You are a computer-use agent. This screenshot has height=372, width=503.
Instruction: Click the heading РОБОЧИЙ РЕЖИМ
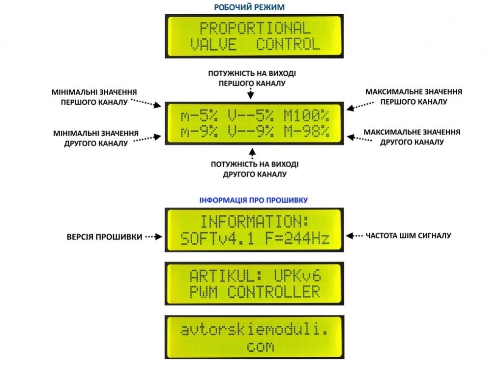tap(249, 7)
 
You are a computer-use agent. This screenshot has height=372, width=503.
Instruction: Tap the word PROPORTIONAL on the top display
tap(255, 28)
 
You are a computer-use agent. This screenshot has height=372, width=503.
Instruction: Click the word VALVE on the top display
tap(213, 45)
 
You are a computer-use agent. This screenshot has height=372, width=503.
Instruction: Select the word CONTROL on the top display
tap(289, 45)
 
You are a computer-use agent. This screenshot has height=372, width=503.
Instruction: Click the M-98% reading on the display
tap(306, 133)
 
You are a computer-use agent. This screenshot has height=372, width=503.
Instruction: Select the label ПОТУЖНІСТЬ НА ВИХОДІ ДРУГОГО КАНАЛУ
tap(254, 169)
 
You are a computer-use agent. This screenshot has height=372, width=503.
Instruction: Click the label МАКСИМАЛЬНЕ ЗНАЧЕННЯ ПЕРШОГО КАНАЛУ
tap(414, 96)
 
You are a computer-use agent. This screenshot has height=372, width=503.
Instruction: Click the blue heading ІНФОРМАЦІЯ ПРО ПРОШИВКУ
tap(254, 200)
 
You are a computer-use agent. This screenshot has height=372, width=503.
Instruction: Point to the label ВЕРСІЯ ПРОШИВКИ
tap(104, 237)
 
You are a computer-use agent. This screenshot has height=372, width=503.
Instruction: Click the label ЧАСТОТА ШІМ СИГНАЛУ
tap(408, 236)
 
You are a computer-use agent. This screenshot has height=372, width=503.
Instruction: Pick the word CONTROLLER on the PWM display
tap(273, 292)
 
